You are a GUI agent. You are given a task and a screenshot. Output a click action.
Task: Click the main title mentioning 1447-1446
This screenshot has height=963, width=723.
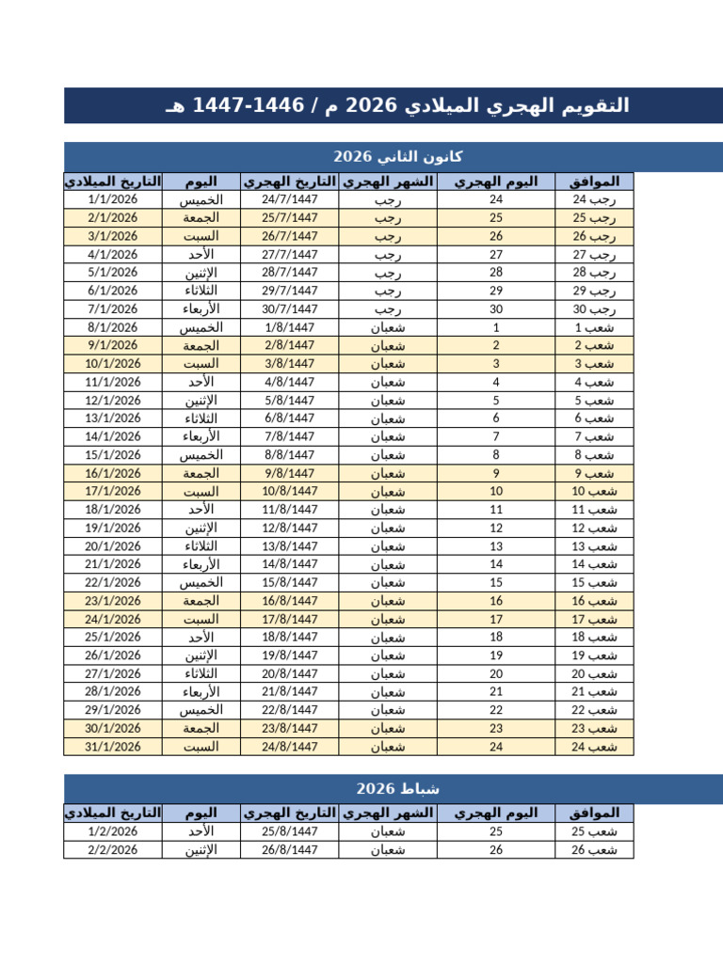coord(396,106)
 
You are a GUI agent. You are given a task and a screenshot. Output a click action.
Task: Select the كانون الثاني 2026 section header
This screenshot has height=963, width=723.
coord(396,156)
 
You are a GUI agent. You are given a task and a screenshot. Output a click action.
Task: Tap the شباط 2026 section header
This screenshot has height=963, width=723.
coord(396,788)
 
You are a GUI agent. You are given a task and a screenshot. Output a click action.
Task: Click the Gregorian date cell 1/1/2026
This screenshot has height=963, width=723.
coord(112,199)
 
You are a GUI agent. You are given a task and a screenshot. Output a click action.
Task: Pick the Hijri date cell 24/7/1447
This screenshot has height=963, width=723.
coord(289,199)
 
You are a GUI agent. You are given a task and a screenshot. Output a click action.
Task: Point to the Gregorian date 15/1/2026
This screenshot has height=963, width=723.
coord(112,454)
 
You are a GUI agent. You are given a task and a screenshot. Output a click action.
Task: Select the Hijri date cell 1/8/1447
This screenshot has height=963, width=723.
coord(289,327)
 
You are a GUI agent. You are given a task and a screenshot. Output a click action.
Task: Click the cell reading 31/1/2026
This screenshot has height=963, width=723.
coord(112,747)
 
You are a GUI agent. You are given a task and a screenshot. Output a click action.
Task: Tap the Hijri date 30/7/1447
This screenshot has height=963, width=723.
coord(289,308)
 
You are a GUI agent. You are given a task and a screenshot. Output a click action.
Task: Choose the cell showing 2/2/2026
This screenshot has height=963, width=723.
coord(112,850)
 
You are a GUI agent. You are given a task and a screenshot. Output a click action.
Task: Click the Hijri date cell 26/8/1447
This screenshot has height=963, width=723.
coord(289,850)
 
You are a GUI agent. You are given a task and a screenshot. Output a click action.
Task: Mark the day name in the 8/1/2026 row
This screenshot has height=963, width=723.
coord(201,327)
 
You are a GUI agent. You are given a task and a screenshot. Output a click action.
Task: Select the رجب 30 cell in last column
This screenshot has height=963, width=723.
coord(593,308)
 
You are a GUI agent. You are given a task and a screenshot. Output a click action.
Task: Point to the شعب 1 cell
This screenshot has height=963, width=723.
coord(593,327)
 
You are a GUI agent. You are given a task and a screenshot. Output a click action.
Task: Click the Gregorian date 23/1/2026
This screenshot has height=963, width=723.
coord(112,600)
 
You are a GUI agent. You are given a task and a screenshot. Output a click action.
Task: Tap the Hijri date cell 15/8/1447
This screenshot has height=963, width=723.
coord(289,582)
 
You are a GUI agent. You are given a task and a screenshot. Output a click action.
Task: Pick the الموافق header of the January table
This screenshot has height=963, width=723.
coord(594,182)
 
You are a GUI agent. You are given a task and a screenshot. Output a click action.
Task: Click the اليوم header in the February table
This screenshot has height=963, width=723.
coord(201,813)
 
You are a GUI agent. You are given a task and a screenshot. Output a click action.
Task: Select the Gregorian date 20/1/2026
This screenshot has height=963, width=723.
coord(112,545)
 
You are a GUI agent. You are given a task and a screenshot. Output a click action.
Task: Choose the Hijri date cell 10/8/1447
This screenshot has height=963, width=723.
coord(289,491)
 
